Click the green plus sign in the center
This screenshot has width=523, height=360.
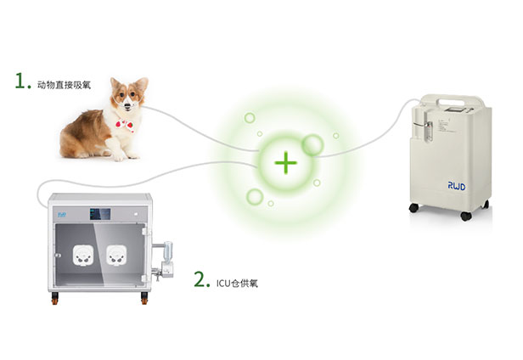(286, 163)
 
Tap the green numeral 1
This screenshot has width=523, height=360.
(20, 81)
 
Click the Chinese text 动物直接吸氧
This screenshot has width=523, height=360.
(64, 85)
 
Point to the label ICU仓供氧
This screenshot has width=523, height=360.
(237, 284)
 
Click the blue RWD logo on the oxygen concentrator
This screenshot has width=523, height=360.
(456, 186)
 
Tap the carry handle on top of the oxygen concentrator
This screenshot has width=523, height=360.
(461, 100)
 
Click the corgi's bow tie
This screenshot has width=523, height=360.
(125, 125)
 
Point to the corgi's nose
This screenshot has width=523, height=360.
(127, 106)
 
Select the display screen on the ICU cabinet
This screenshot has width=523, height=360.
(100, 214)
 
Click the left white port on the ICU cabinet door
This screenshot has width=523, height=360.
(82, 256)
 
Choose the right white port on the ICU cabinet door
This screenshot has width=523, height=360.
(117, 256)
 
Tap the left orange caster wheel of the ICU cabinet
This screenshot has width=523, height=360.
(54, 298)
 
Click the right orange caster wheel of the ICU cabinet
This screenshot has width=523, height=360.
(144, 298)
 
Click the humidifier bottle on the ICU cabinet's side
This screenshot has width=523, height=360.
(168, 251)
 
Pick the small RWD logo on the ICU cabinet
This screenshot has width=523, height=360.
(62, 215)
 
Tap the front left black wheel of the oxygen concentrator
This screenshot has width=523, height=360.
(413, 207)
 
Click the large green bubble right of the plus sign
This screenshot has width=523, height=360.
(312, 145)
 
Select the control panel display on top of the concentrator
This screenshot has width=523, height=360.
(456, 110)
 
